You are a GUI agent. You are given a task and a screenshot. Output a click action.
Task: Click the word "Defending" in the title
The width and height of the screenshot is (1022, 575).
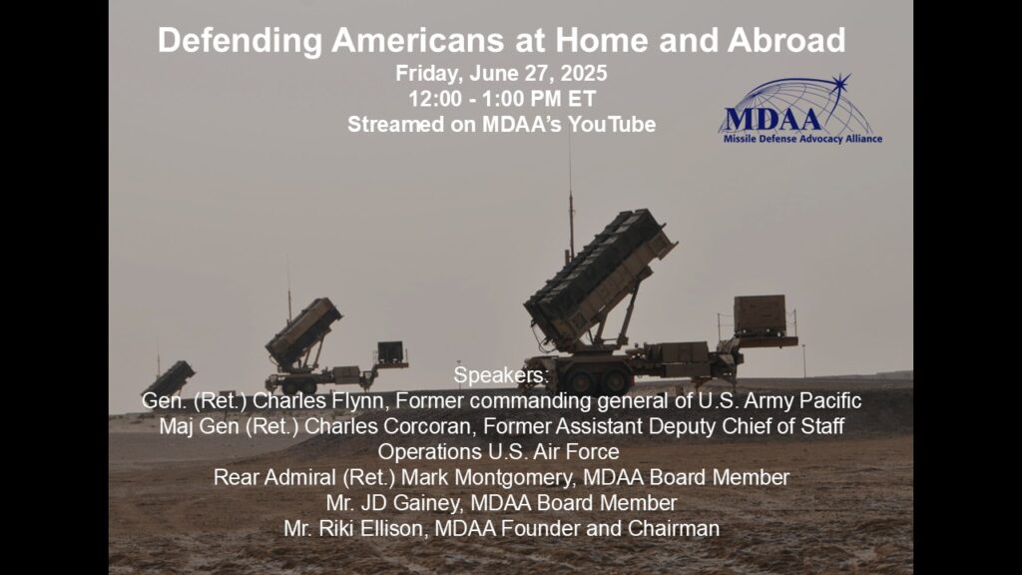[240, 40]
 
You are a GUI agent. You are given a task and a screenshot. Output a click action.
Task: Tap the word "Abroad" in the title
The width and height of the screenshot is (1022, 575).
[786, 40]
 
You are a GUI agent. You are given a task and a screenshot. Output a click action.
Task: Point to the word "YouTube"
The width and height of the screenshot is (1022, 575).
[612, 124]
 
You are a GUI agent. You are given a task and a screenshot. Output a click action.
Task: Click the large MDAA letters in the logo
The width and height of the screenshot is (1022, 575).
[772, 120]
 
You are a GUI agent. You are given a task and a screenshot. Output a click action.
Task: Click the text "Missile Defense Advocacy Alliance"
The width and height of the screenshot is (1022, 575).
[802, 139]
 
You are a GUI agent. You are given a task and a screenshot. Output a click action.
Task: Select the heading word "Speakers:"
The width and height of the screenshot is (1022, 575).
[501, 375]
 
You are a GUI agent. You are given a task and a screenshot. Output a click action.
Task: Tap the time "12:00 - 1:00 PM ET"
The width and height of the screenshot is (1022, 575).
[502, 99]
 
